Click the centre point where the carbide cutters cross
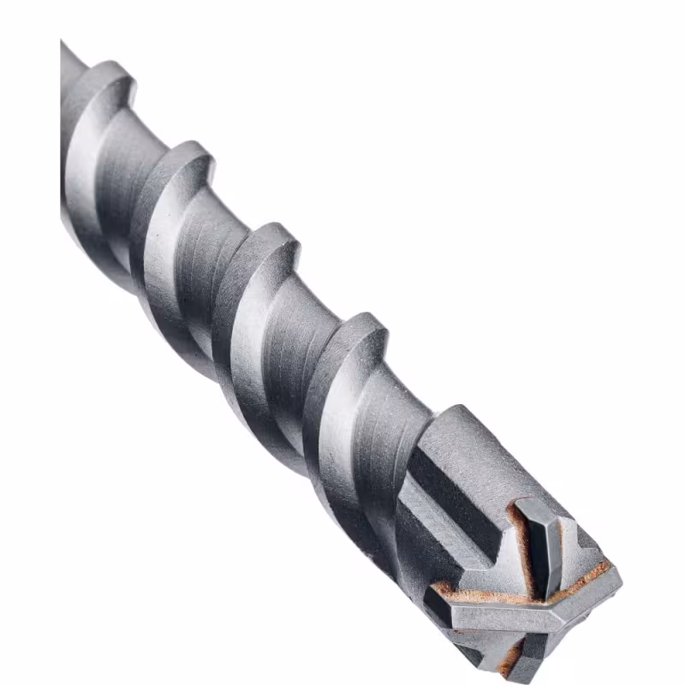pos(538,591)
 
